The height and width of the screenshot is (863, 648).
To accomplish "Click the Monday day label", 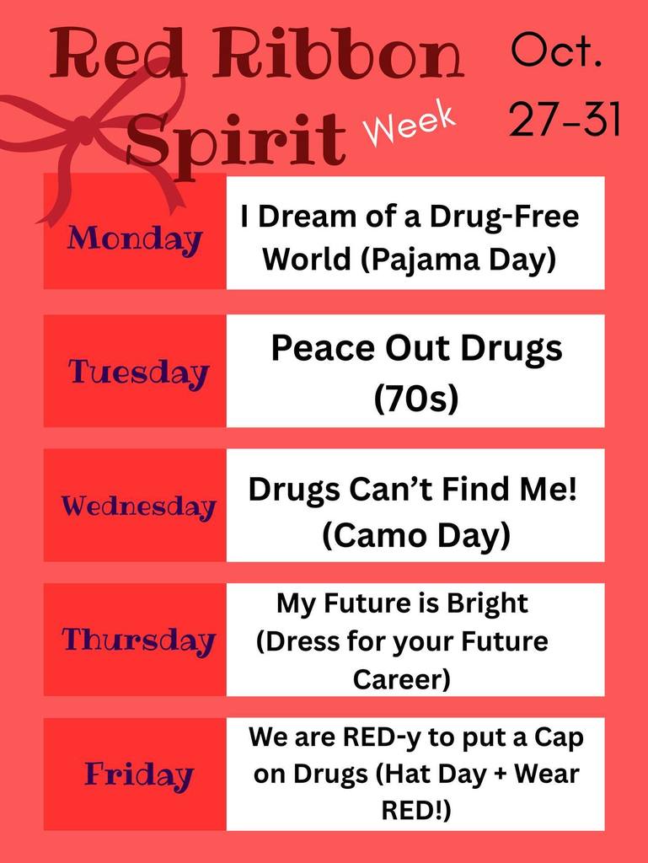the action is point(134,240).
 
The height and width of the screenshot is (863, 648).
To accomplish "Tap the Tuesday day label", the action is point(139,373).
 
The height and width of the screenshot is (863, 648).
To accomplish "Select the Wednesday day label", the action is point(138,507).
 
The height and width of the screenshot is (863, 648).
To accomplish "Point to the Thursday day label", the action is point(138,641).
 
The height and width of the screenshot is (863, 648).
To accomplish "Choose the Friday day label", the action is point(139,775).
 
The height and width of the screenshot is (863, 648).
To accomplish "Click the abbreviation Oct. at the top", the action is point(556,51).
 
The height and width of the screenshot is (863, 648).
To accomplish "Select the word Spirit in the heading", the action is point(237,139).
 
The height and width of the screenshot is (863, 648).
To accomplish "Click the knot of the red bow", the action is point(83,126).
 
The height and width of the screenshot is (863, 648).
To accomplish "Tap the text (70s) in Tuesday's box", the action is point(416,399).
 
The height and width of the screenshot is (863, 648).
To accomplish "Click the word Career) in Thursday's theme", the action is point(402,679).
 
